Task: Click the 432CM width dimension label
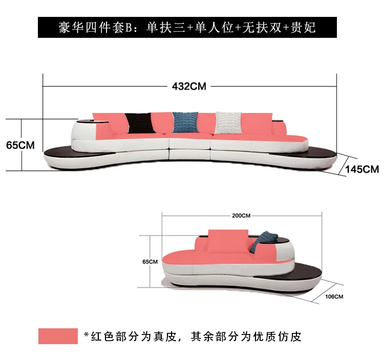coord(188,86)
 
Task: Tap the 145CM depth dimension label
coord(362,169)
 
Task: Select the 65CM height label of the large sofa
coord(20,145)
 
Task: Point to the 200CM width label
coord(241,215)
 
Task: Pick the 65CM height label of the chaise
coord(150,261)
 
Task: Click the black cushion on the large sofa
coord(139,123)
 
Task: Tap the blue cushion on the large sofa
coord(185,122)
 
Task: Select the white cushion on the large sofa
coord(228,122)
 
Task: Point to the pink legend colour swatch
coord(58,336)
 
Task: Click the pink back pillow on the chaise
coord(228,240)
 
